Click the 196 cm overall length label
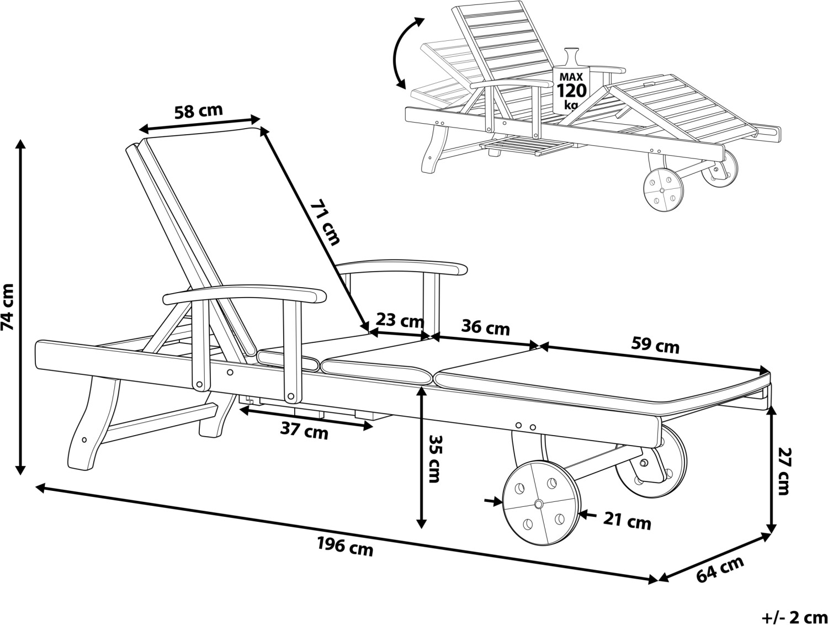345,547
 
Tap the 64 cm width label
720,569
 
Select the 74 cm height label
9,307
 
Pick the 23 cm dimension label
400,320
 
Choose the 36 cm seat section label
485,327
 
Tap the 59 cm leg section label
655,346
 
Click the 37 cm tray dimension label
304,432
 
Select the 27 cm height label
785,471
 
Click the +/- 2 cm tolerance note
794,616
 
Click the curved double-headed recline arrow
406,52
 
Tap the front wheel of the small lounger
662,189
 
